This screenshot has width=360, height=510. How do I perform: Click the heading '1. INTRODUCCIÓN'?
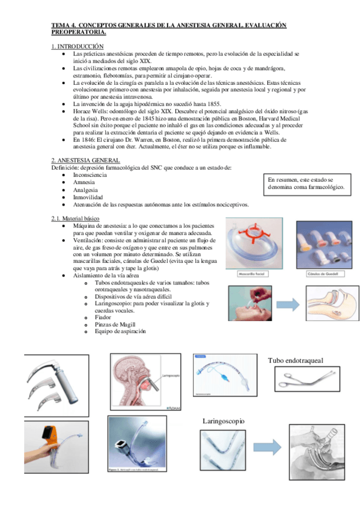(x=77, y=46)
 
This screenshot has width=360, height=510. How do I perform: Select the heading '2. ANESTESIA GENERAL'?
(x=85, y=160)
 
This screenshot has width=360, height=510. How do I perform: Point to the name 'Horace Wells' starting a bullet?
(x=90, y=111)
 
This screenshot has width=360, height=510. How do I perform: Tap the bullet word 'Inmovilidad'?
(x=88, y=197)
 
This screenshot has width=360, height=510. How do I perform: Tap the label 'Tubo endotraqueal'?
(x=295, y=361)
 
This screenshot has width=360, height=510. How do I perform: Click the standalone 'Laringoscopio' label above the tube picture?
(x=224, y=422)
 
